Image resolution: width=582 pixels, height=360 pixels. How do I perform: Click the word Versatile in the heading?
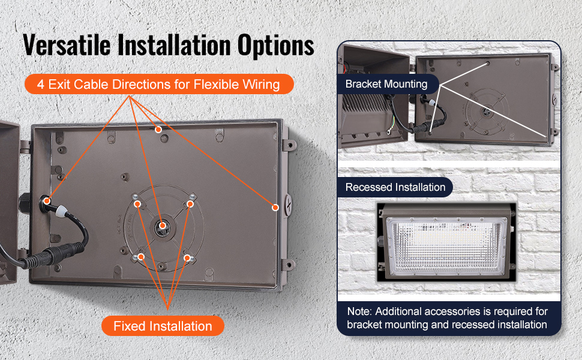[67, 45]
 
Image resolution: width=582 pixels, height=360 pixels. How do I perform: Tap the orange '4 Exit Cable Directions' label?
[159, 84]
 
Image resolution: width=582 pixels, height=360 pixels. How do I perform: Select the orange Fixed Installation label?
[163, 326]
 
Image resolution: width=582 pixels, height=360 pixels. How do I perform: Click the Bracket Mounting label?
[386, 84]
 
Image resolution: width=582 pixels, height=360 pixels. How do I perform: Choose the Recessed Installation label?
[395, 187]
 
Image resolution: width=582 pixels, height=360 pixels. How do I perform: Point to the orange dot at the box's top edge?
[158, 130]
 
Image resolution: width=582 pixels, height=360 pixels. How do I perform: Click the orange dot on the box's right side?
[275, 208]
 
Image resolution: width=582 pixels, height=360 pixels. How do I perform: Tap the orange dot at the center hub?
[162, 225]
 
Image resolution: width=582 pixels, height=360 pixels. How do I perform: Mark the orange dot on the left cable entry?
[47, 201]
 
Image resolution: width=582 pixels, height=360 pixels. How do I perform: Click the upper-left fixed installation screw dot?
[137, 204]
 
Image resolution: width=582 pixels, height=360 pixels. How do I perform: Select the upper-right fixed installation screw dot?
[190, 204]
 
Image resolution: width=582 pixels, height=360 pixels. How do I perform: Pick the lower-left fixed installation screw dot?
[141, 257]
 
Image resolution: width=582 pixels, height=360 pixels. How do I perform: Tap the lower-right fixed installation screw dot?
[187, 257]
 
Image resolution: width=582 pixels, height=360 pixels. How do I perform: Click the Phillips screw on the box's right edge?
[287, 205]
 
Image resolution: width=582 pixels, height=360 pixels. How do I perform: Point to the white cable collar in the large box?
[61, 211]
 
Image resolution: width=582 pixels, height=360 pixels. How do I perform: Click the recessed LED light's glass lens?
[446, 245]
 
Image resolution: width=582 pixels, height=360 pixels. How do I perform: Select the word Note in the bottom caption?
[359, 311]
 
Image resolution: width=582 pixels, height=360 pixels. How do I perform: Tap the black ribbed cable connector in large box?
[54, 254]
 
